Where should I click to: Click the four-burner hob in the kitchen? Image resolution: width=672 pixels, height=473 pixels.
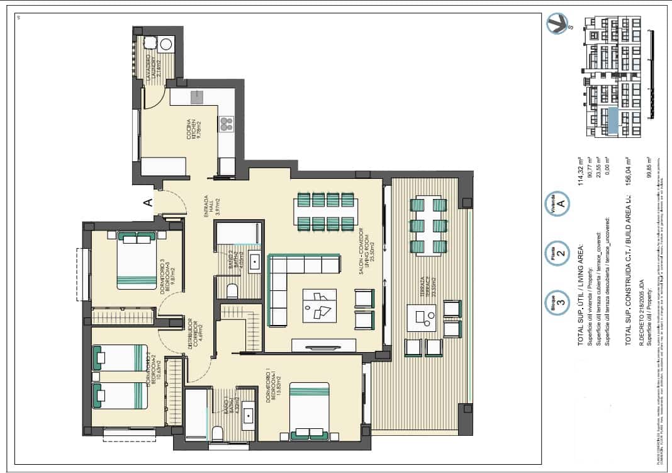coord(226,124)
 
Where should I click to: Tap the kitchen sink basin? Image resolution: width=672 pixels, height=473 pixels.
coord(198,96)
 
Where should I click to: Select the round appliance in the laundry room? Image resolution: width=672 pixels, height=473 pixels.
coord(166,44)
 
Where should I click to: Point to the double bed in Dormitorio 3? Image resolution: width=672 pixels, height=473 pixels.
coord(137,260)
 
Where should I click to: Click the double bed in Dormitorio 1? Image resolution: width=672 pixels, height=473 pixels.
coord(310,410)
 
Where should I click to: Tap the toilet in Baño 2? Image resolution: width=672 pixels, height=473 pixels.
coord(232,290)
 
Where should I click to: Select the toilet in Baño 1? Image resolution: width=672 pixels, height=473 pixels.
coord(216,433)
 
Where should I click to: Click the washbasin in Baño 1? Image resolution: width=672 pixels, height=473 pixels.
coord(249,416)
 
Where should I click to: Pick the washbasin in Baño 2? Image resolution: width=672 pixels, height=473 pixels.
coord(255,261)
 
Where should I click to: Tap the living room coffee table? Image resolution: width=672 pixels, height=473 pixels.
coord(319,305)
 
